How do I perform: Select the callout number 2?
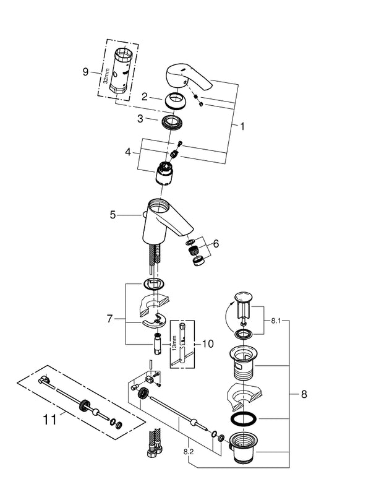[143, 97]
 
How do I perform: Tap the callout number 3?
[140, 118]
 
